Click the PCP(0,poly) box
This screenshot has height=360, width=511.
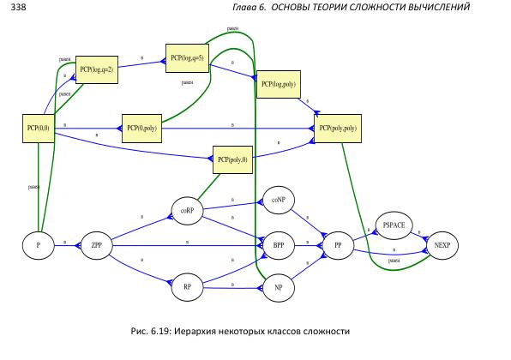tap(142, 129)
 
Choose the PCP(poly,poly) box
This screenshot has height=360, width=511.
tap(337, 129)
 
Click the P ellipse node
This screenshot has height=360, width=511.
tap(38, 245)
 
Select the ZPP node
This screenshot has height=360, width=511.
tap(97, 245)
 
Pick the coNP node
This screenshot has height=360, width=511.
tap(278, 200)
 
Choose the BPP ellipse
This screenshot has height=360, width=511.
tap(278, 245)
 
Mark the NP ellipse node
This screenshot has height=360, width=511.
tap(278, 288)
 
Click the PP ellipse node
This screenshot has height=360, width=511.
tap(338, 245)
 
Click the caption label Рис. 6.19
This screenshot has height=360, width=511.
tap(147, 331)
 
